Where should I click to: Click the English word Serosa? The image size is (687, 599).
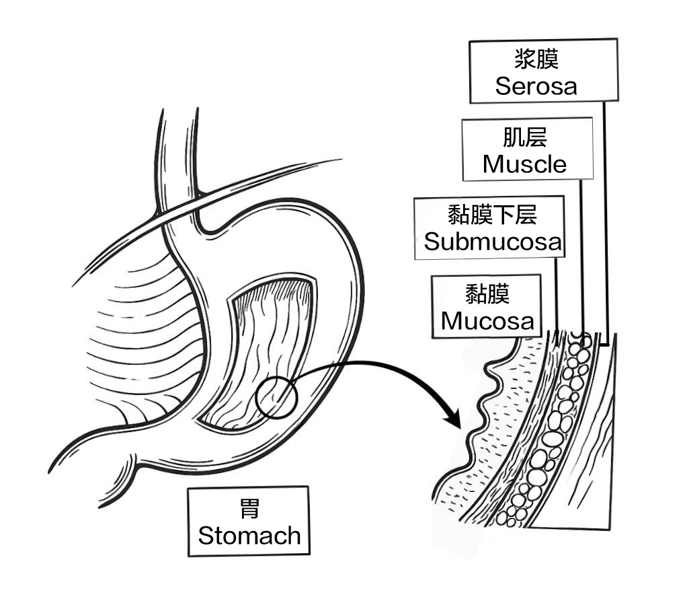[x=536, y=85]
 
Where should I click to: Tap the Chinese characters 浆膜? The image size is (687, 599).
[x=536, y=59]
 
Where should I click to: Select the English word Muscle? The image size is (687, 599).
[x=524, y=164]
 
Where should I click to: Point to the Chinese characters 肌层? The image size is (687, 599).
[x=524, y=137]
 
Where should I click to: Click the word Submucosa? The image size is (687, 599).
[x=492, y=242]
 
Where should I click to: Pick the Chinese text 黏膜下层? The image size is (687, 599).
[x=492, y=215]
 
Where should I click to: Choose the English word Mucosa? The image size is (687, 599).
[x=487, y=320]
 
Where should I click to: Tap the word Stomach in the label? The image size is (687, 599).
[x=249, y=536]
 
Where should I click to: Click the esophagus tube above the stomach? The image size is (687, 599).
[x=178, y=155]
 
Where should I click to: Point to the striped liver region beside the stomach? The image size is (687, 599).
[x=134, y=323]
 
